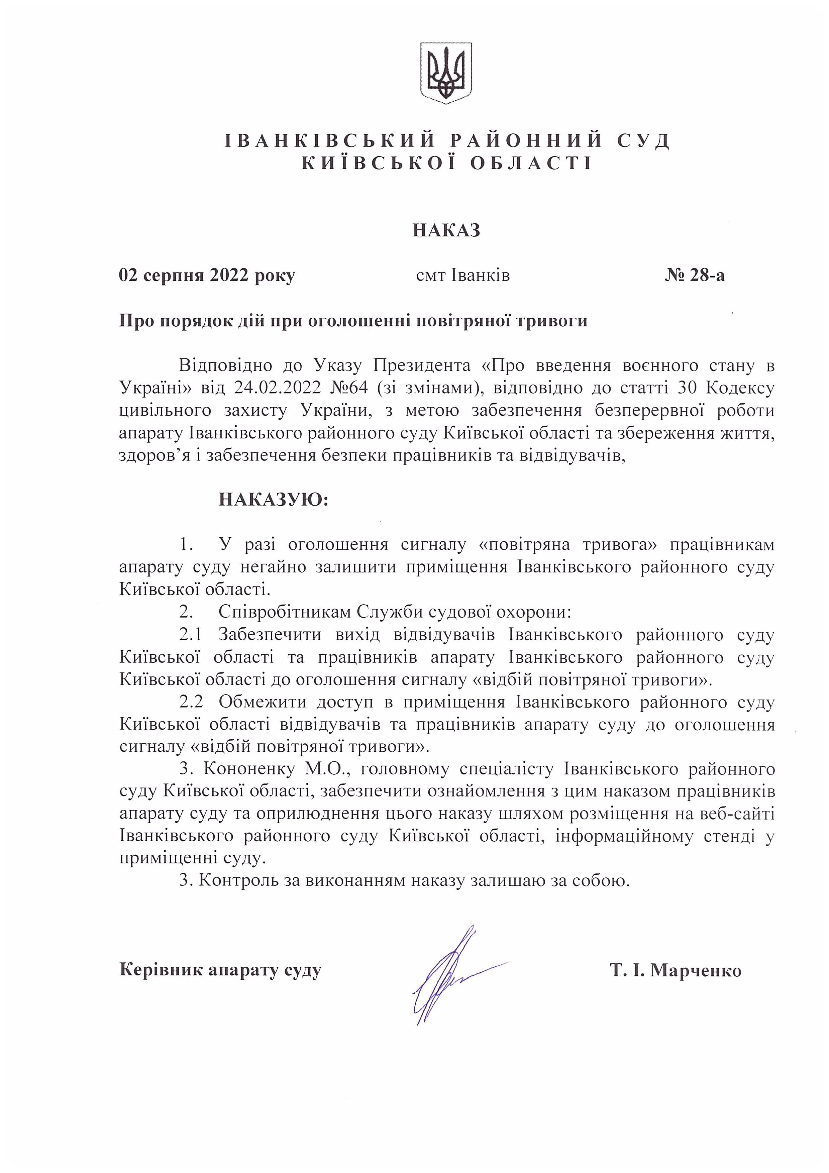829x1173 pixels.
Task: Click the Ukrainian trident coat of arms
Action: click(x=445, y=73)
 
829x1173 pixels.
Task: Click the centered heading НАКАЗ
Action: click(x=446, y=230)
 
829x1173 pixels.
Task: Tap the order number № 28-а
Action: click(x=694, y=276)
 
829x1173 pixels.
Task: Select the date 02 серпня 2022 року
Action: click(x=207, y=276)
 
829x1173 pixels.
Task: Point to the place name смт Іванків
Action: click(x=463, y=276)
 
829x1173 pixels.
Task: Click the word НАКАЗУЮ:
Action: click(x=274, y=499)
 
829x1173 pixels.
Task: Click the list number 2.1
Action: click(x=191, y=635)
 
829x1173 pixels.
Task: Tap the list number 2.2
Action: click(x=191, y=702)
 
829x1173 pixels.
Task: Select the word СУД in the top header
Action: click(x=643, y=140)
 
